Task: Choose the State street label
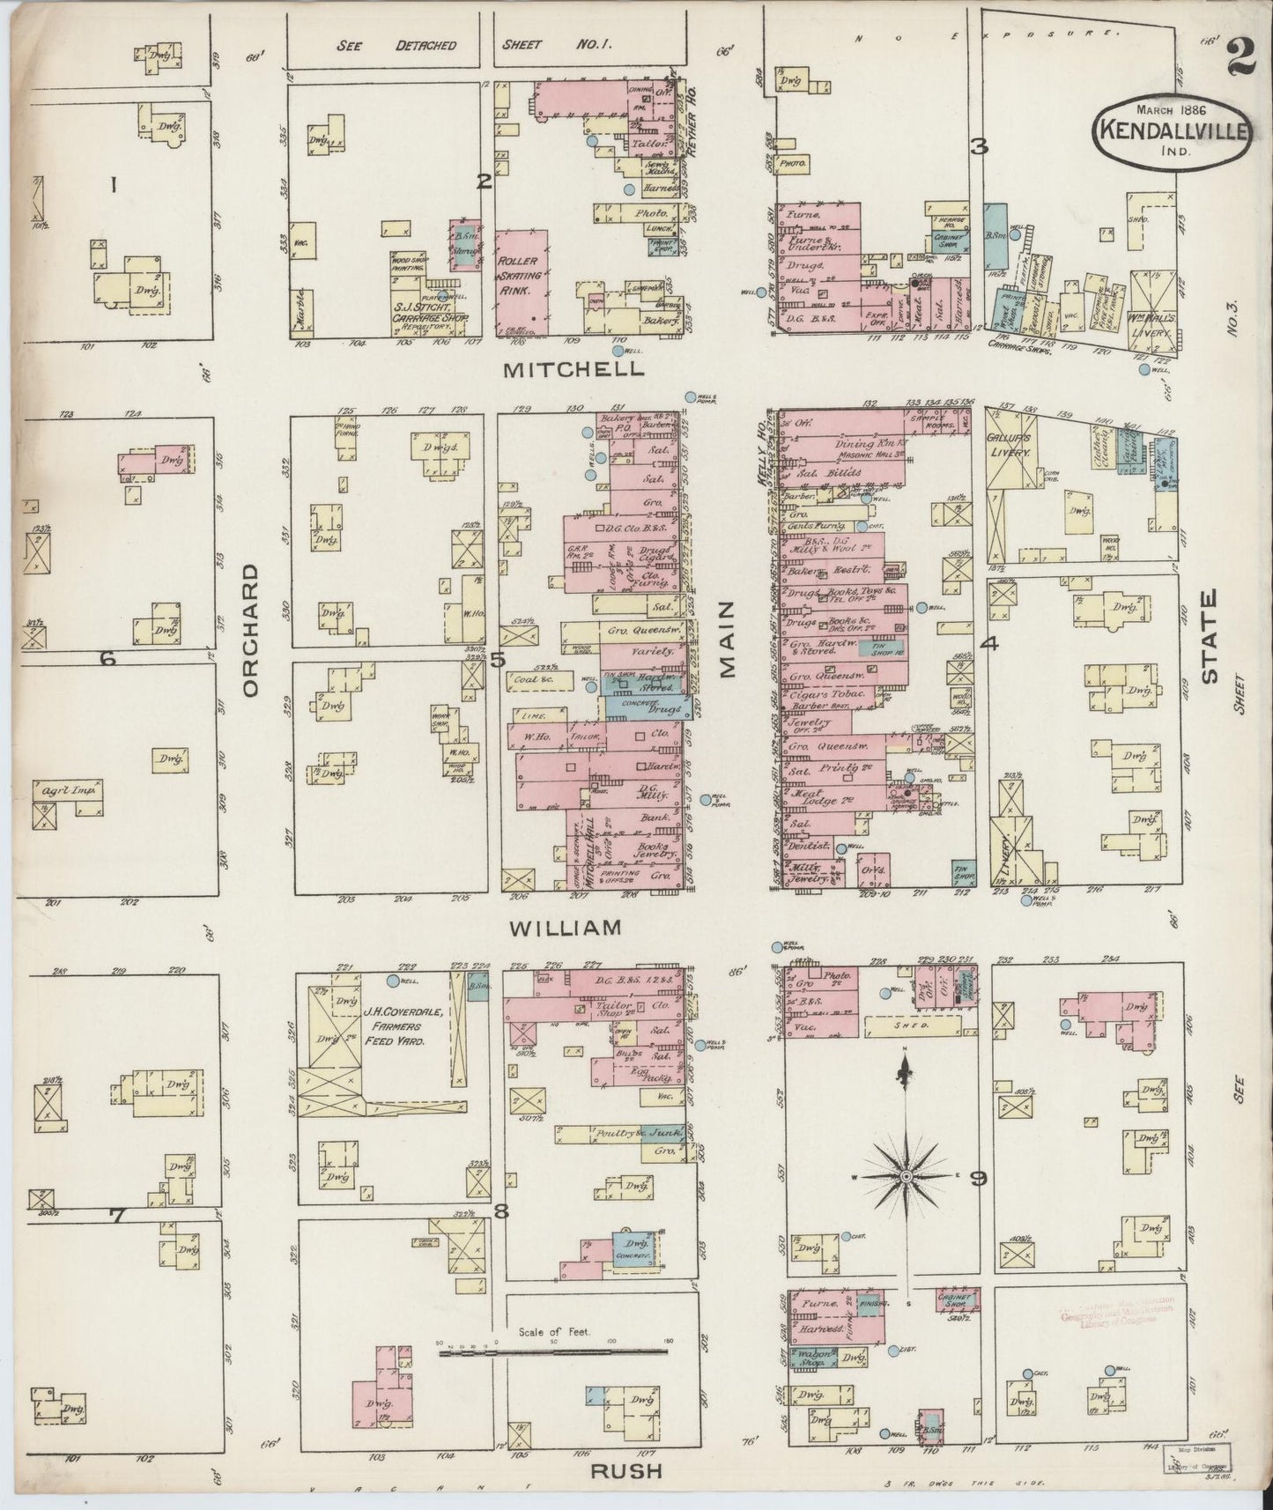pyautogui.click(x=1209, y=636)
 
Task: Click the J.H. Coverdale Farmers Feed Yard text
pyautogui.click(x=402, y=1025)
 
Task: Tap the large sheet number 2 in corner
pyautogui.click(x=1240, y=63)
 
